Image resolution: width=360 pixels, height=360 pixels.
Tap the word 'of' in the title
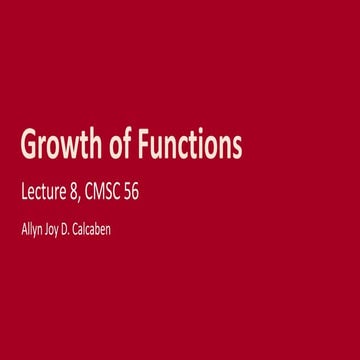pos(123,147)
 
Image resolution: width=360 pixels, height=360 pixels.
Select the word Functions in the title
pos(193,147)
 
